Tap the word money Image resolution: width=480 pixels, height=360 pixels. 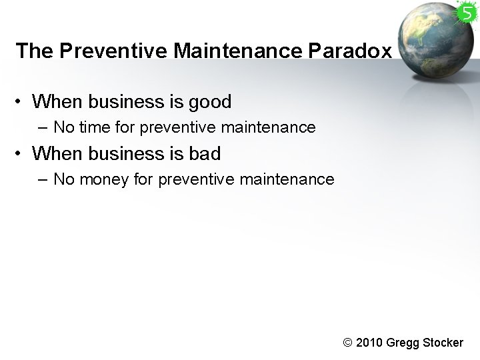point(101,179)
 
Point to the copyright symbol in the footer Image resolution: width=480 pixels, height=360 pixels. point(347,343)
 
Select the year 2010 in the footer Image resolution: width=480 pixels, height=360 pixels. point(370,343)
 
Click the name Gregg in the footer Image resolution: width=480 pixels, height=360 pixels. point(403,343)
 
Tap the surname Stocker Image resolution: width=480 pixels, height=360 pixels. point(442,343)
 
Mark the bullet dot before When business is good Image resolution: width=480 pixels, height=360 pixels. point(21,103)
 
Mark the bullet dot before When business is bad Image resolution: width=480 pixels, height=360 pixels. point(21,154)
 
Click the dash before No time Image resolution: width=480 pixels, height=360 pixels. point(43,127)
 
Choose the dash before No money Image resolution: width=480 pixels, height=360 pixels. point(43,179)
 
